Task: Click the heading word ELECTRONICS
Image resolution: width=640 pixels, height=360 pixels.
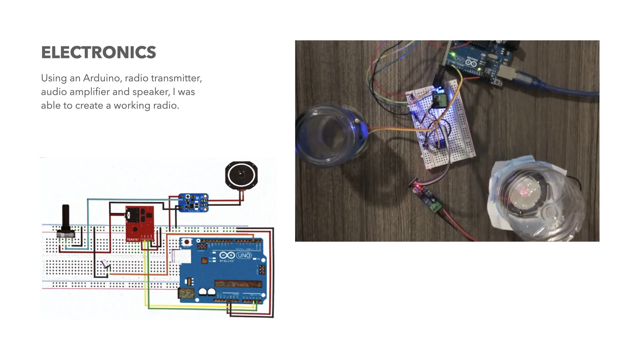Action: pyautogui.click(x=98, y=53)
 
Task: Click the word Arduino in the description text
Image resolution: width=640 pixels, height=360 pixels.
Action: pyautogui.click(x=101, y=78)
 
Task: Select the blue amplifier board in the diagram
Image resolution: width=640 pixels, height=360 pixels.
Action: pyautogui.click(x=193, y=202)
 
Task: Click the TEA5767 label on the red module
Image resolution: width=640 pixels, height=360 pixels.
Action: pyautogui.click(x=133, y=239)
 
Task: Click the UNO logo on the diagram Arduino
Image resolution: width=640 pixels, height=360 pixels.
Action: pyautogui.click(x=244, y=256)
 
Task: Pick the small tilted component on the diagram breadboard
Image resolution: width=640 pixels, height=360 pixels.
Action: pyautogui.click(x=106, y=264)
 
